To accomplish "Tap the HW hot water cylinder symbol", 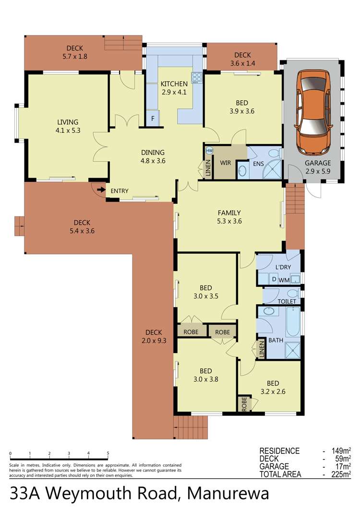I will click(x=209, y=150).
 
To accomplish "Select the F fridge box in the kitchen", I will click(x=153, y=118).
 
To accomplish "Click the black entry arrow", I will click(x=101, y=190).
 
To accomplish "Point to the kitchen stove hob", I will click(x=197, y=77).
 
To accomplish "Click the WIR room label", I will click(x=226, y=163).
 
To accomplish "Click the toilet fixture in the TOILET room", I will click(x=291, y=294).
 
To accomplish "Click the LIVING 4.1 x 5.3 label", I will click(x=67, y=126).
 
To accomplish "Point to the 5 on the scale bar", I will click(x=108, y=453).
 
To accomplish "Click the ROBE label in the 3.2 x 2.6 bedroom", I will click(x=243, y=403).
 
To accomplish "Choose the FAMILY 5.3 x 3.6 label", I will click(x=229, y=217).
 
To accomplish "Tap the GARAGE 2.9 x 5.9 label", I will click(x=318, y=166).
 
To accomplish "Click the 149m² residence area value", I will click(x=340, y=451).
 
